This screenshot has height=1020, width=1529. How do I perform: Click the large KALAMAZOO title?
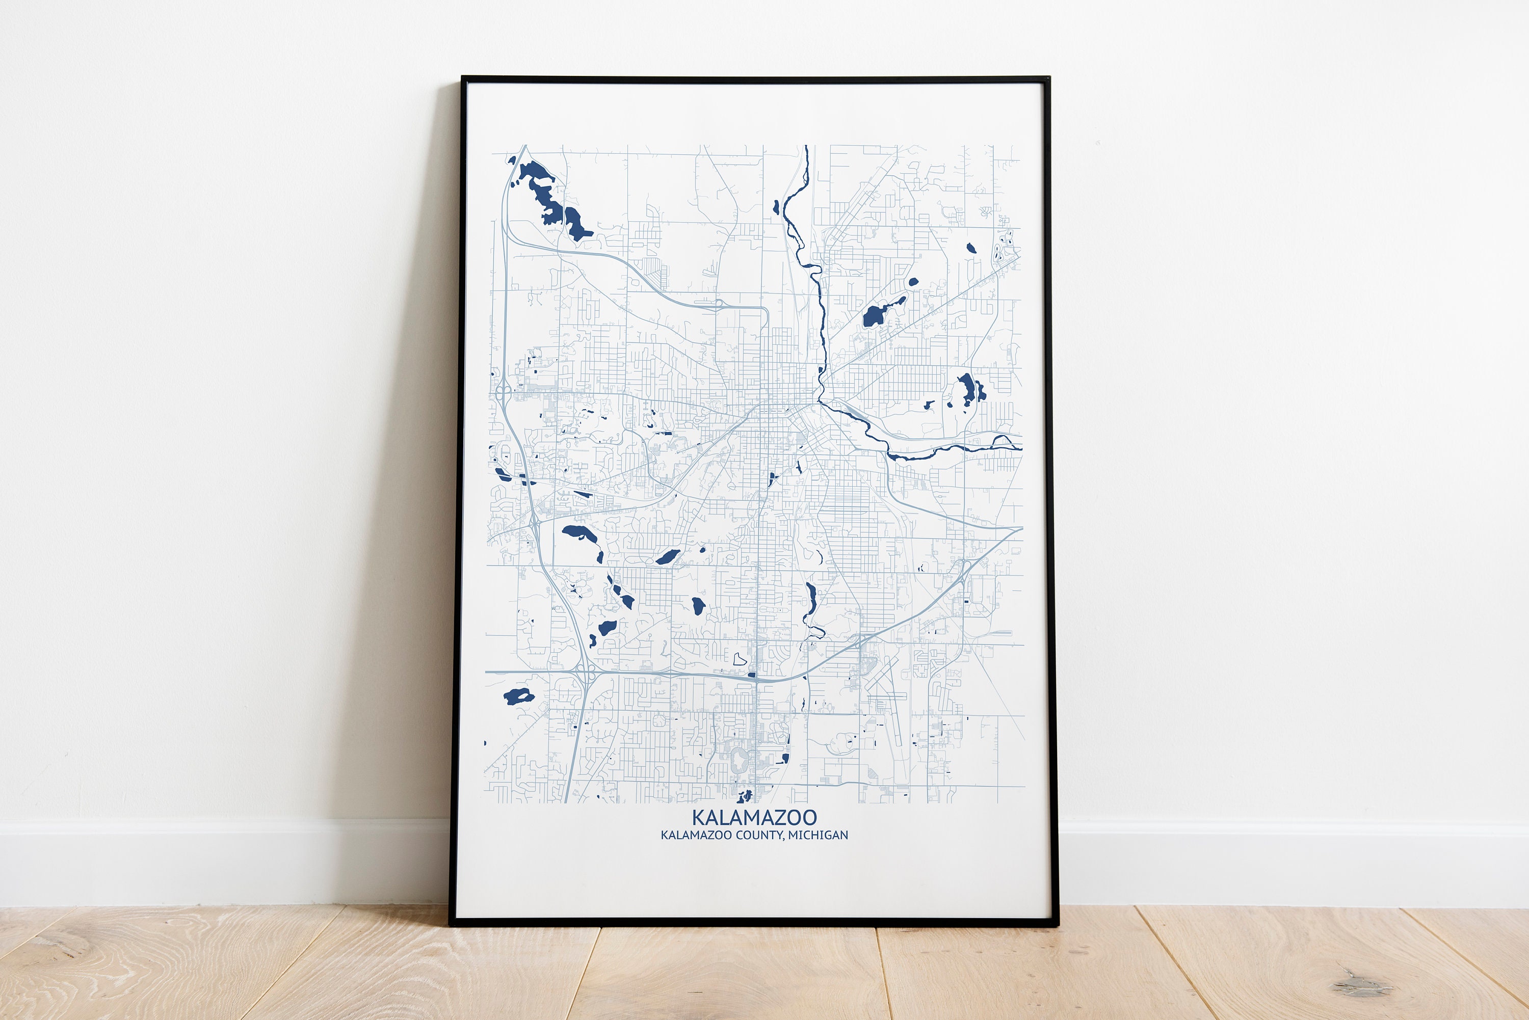click(754, 817)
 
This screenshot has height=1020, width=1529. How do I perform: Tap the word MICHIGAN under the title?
click(818, 835)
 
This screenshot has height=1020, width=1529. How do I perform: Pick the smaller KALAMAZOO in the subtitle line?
click(696, 835)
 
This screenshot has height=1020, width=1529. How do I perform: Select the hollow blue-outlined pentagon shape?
click(739, 659)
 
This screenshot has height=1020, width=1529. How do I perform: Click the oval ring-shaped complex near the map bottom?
click(739, 760)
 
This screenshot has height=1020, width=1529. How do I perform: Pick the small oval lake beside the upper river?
click(776, 207)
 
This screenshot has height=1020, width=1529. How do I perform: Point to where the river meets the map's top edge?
click(807, 147)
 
